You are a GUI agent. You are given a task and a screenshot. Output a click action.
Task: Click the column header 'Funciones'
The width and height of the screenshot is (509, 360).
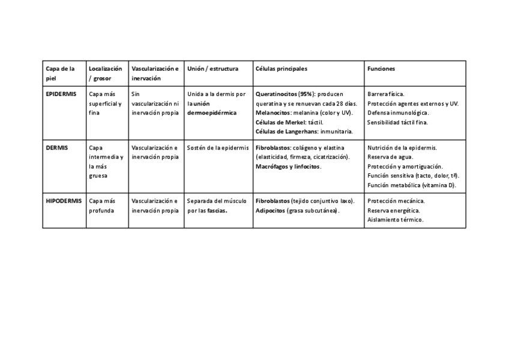pyautogui.click(x=381, y=69)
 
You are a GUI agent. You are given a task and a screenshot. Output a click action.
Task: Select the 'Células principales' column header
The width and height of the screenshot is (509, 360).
pyautogui.click(x=281, y=69)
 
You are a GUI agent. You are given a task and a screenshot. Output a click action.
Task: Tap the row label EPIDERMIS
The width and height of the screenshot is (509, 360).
pyautogui.click(x=61, y=94)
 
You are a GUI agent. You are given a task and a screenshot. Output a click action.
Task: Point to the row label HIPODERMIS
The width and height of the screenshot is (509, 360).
pyautogui.click(x=64, y=201)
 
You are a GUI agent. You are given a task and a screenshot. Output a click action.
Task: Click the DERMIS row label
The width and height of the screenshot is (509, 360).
pyautogui.click(x=57, y=148)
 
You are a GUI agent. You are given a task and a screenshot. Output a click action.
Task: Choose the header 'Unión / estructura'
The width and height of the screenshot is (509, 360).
pyautogui.click(x=212, y=69)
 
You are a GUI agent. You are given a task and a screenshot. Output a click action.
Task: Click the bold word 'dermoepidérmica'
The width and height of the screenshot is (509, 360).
pyautogui.click(x=212, y=113)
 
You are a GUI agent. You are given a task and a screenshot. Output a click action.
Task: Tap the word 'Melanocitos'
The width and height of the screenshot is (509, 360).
pyautogui.click(x=274, y=113)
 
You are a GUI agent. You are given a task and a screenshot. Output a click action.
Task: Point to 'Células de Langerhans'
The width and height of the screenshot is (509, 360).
pyautogui.click(x=287, y=131)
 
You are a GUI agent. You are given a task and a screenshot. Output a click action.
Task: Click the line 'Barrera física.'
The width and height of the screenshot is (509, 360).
pyautogui.click(x=386, y=94)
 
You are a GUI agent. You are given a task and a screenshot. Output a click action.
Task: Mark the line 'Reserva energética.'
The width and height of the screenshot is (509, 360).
pyautogui.click(x=394, y=211)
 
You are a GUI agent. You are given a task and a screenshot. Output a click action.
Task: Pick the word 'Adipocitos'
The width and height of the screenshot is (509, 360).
pyautogui.click(x=271, y=211)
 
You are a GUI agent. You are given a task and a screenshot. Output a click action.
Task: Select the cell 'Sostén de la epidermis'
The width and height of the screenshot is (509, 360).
pyautogui.click(x=218, y=148)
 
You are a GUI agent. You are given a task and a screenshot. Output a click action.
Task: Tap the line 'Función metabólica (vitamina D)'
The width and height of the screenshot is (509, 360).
pyautogui.click(x=412, y=185)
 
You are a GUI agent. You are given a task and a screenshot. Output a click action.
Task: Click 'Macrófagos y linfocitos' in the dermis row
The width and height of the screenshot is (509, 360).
pyautogui.click(x=288, y=166)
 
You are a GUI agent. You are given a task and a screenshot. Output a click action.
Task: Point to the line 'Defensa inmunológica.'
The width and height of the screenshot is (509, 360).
pyautogui.click(x=398, y=113)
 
